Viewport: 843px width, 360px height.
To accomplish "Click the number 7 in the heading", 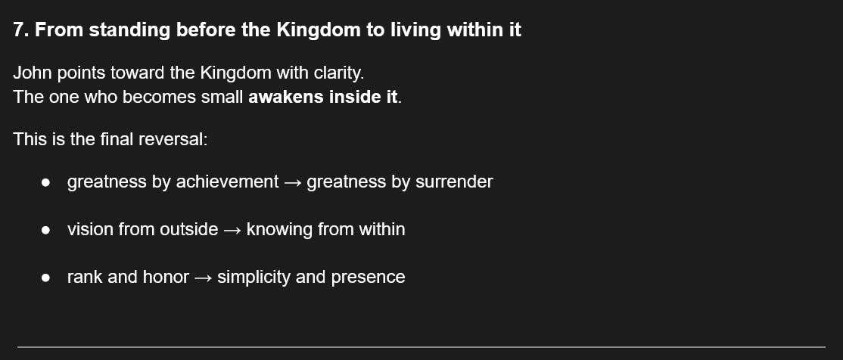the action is [x=19, y=30].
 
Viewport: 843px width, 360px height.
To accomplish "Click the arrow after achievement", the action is [x=292, y=182].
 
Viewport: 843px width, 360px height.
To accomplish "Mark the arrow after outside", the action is [x=232, y=230].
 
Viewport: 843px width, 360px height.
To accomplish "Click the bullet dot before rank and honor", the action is [x=45, y=278].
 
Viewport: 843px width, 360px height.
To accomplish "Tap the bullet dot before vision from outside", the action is [x=45, y=230].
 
